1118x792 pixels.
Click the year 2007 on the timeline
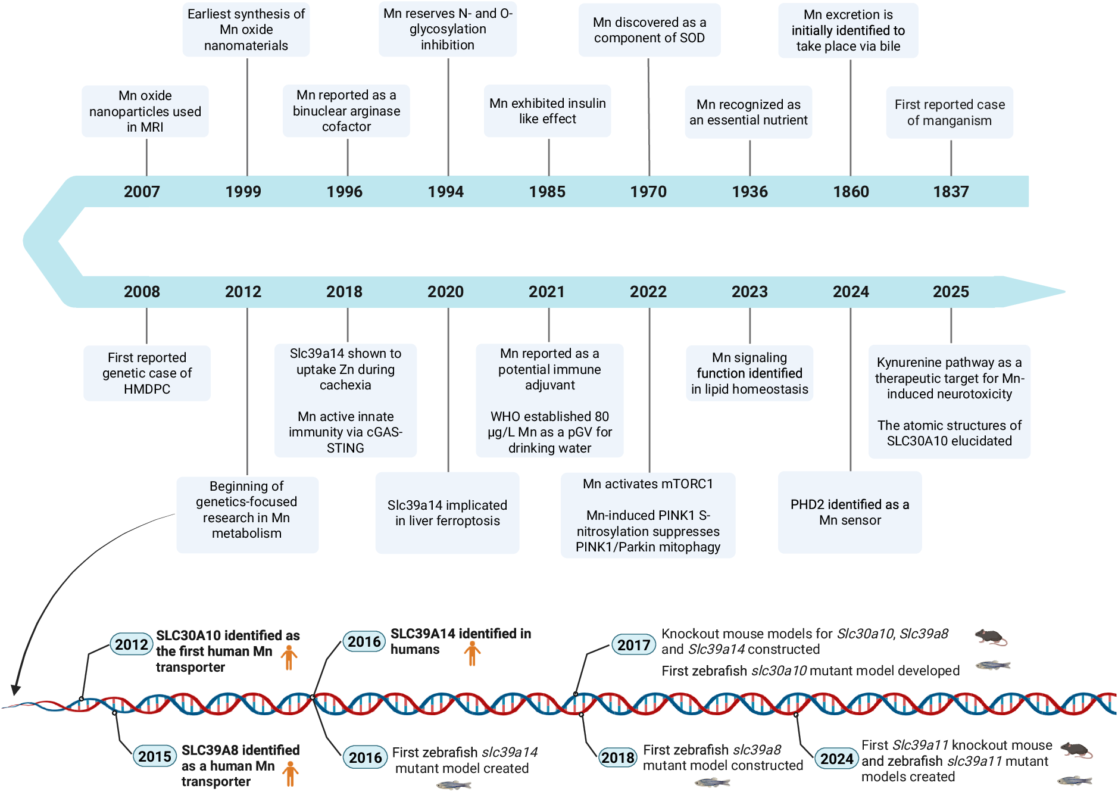[x=142, y=192]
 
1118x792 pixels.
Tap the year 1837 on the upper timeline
[x=951, y=192]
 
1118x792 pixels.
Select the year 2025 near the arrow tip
[x=951, y=292]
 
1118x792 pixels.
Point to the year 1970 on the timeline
[x=648, y=192]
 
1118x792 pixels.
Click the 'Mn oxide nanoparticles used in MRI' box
[x=145, y=111]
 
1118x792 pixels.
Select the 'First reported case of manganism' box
[x=950, y=113]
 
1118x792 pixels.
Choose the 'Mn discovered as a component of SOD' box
[x=649, y=30]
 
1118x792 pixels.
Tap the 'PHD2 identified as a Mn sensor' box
[x=850, y=512]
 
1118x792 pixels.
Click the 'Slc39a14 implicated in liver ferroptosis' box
[x=448, y=513]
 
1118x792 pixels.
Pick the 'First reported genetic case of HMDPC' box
[x=147, y=373]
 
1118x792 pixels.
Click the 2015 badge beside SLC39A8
[x=155, y=757]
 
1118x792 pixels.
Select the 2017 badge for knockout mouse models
[x=634, y=645]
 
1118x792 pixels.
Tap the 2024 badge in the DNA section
[x=837, y=759]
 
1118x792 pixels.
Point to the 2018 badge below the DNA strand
[x=618, y=757]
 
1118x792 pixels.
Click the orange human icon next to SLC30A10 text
[x=289, y=657]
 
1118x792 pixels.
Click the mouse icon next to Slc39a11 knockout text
[x=1077, y=750]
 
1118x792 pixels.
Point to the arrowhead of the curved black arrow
[x=15, y=690]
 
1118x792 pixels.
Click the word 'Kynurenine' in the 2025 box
[x=905, y=363]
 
